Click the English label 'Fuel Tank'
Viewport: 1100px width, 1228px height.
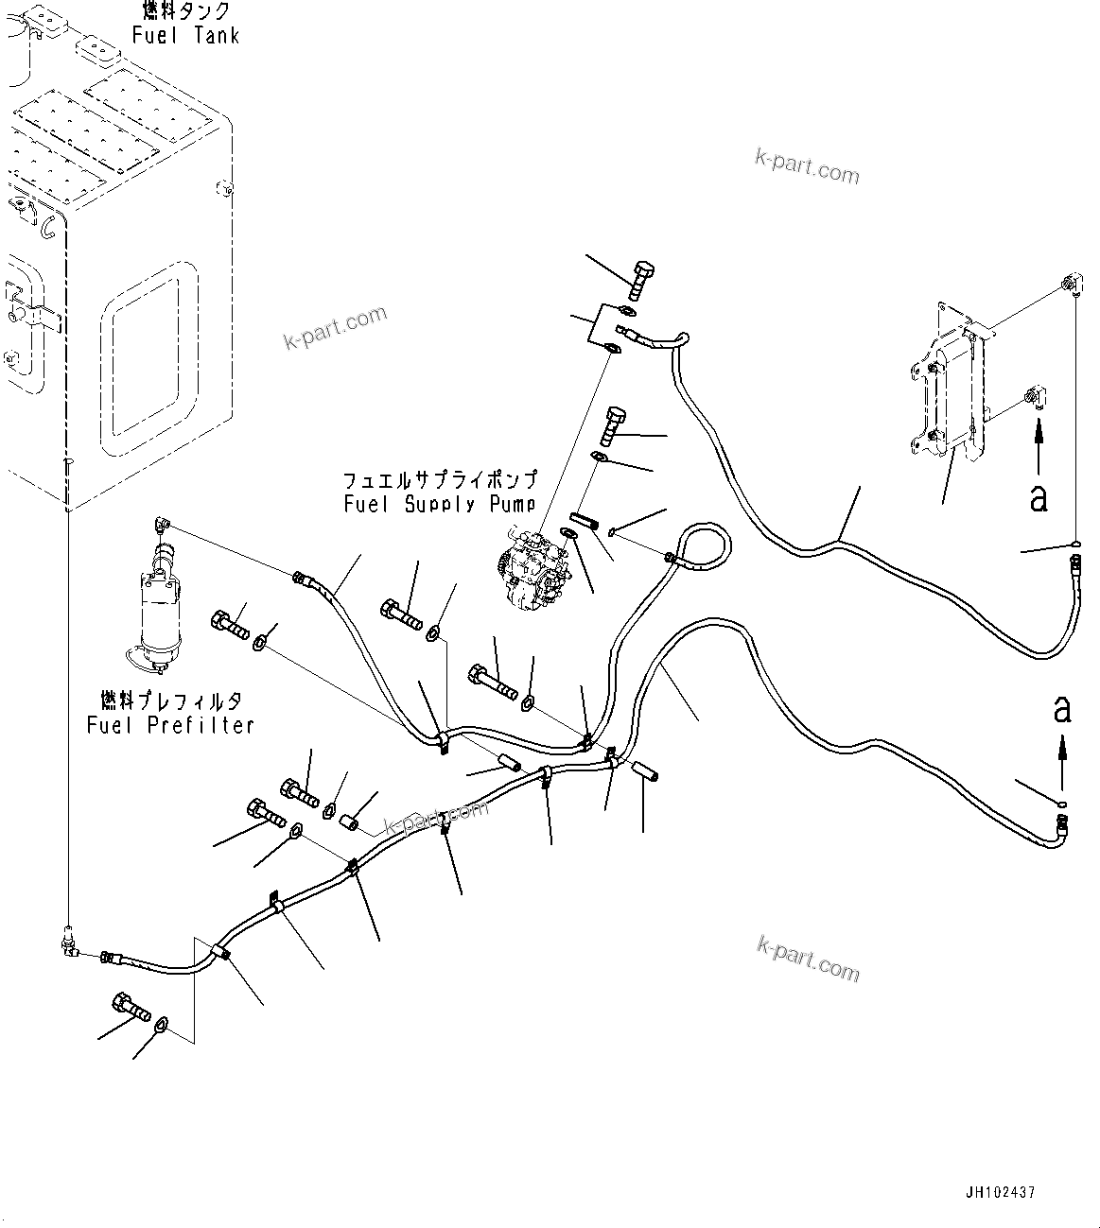[x=185, y=36]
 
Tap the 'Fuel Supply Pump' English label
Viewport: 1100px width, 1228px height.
[x=439, y=504]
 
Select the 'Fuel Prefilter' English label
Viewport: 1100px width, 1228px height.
[x=170, y=725]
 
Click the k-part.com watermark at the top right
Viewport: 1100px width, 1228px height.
[x=807, y=167]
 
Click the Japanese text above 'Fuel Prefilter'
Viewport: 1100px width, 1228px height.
[x=170, y=700]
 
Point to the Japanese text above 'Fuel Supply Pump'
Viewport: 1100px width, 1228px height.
[x=439, y=479]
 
